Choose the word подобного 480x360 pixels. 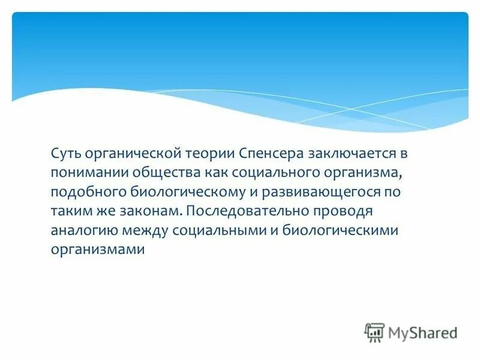click(x=86, y=192)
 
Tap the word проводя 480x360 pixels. click(x=346, y=211)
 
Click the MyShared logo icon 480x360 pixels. click(x=374, y=332)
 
